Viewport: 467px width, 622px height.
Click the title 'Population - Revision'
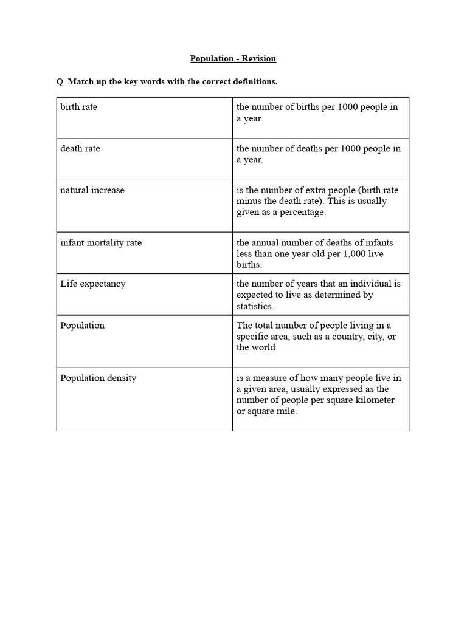(233, 59)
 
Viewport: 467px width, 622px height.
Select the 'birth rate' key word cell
(78, 107)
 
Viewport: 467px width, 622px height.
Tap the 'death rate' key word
(80, 148)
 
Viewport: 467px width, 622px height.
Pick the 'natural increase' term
(92, 190)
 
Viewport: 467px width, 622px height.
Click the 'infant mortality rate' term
(101, 243)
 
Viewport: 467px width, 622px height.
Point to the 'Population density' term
(98, 378)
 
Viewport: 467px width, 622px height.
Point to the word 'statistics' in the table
(254, 306)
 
